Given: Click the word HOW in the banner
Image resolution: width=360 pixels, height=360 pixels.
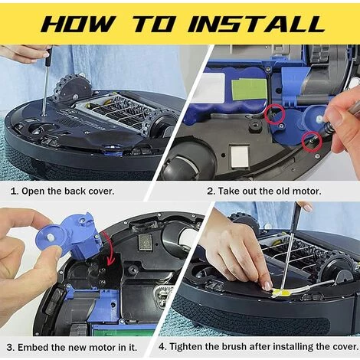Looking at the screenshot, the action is [77, 24].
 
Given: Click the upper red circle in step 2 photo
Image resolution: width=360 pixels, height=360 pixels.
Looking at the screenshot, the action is [274, 114].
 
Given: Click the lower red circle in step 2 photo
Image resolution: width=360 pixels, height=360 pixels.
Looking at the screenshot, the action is [312, 142].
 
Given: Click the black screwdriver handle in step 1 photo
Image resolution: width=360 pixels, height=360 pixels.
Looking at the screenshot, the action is [48, 57].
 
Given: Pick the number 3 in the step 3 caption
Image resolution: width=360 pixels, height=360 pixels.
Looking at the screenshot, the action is [10, 348].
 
